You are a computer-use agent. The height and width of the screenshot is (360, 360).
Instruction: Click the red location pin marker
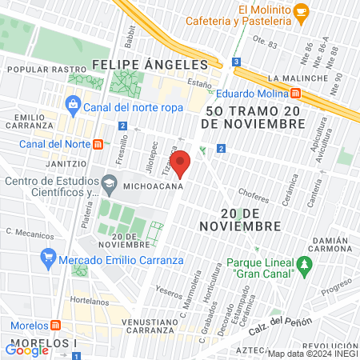pos(181,163)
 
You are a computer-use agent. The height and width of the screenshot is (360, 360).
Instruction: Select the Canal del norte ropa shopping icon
pos(74,103)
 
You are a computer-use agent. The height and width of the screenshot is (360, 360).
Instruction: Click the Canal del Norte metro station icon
pos(98,144)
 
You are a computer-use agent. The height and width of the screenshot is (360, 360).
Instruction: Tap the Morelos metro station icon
pos(55,326)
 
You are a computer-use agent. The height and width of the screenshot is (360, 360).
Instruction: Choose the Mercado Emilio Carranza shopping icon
pos(47,258)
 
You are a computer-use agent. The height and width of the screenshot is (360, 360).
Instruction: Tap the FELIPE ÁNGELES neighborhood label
pos(155,63)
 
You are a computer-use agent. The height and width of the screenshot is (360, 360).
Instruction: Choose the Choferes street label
pos(254,194)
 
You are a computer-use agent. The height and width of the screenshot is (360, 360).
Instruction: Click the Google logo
pos(26,350)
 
